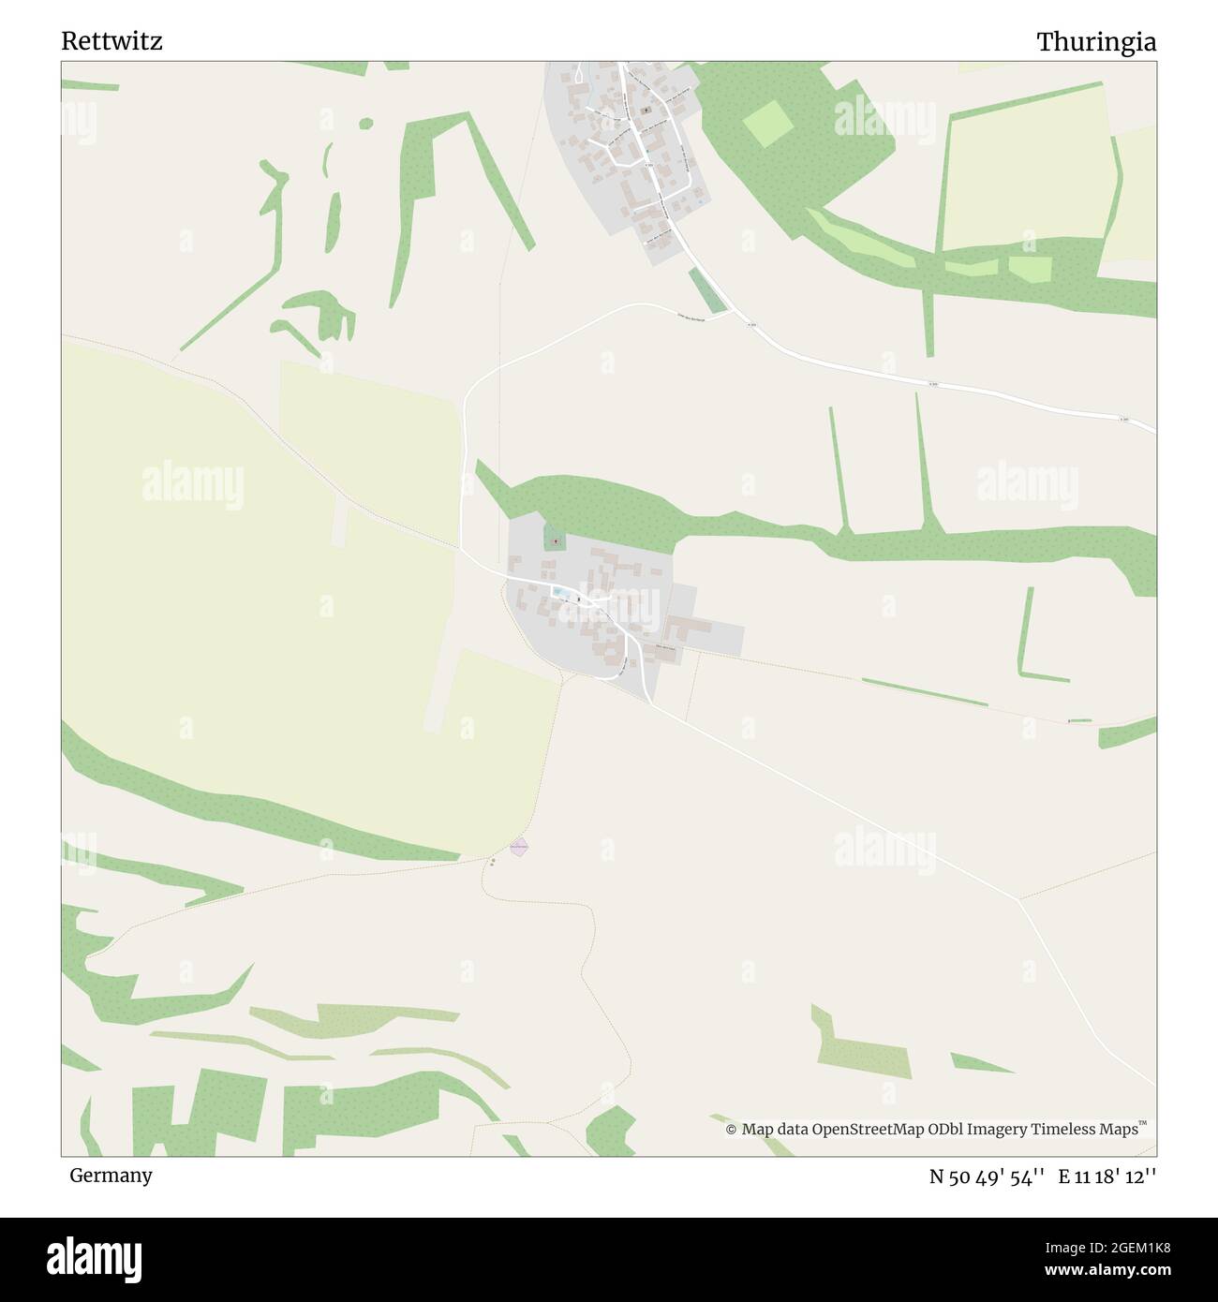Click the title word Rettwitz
point(111,41)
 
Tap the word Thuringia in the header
point(1095,42)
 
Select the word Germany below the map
point(111,1175)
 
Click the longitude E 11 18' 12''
point(1107,1176)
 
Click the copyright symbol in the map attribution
point(732,1130)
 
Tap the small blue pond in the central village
point(559,592)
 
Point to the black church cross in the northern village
point(646,110)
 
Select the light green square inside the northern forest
point(767,123)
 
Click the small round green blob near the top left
point(365,123)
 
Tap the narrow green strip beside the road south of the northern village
point(706,290)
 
